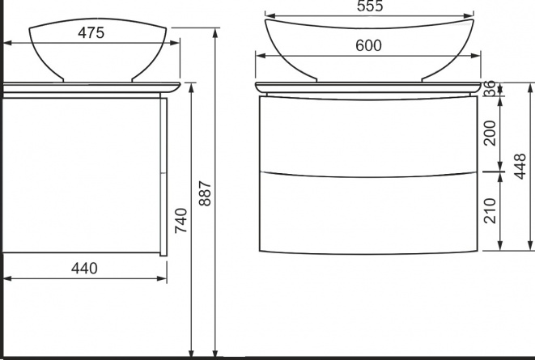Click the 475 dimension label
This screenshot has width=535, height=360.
(x=91, y=32)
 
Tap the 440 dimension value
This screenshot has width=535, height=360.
(x=84, y=269)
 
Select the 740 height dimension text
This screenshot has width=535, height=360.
(x=181, y=221)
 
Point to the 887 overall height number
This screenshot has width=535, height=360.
(x=205, y=193)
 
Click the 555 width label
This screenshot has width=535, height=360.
(x=370, y=6)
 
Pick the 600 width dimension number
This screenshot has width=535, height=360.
(x=368, y=45)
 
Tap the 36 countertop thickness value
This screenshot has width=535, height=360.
(x=490, y=88)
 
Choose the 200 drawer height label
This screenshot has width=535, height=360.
(x=490, y=133)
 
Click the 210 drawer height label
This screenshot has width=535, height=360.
(x=490, y=210)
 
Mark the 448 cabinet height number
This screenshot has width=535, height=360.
(x=520, y=167)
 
